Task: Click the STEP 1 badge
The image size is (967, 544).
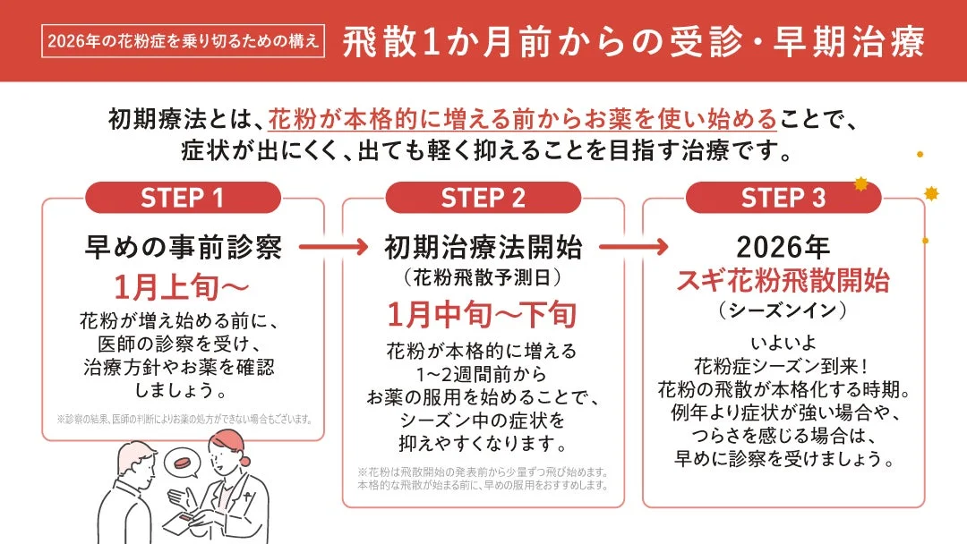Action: point(183,198)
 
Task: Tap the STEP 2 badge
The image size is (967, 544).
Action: point(483,198)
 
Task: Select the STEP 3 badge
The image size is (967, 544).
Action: point(783,198)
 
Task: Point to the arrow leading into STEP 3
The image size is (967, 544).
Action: point(633,246)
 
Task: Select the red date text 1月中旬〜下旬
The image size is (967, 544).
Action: point(483,314)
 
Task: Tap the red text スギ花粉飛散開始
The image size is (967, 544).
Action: point(783,280)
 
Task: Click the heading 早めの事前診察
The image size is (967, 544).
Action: point(183,247)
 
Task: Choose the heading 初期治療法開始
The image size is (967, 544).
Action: point(483,247)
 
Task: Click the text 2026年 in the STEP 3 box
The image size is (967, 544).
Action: point(783,247)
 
